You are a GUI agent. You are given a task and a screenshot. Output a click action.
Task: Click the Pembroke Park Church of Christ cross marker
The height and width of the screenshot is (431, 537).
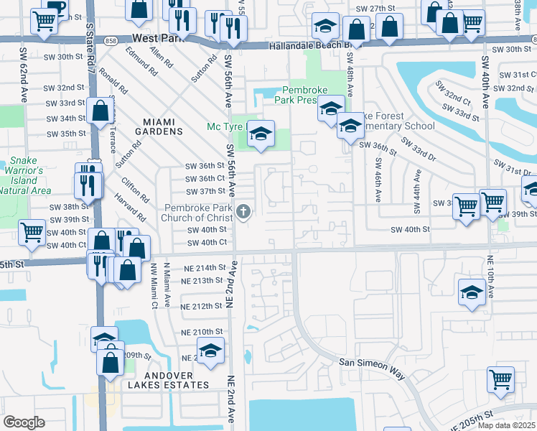(x=244, y=211)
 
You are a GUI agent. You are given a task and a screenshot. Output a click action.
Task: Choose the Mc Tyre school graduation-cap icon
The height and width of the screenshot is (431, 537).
(x=261, y=134)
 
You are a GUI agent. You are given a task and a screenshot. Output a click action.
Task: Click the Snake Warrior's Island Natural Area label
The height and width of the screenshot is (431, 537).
(x=27, y=175)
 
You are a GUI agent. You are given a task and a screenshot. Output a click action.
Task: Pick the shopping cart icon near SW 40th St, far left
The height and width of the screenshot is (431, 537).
(x=32, y=232)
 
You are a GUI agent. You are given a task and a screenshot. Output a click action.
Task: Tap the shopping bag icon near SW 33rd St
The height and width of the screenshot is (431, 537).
(x=100, y=111)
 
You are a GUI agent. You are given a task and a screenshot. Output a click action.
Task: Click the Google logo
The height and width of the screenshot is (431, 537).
(x=24, y=422)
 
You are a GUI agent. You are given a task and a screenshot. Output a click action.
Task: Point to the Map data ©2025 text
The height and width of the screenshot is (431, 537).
(x=506, y=425)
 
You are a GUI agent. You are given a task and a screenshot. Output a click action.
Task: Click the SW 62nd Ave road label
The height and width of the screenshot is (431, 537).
(x=23, y=79)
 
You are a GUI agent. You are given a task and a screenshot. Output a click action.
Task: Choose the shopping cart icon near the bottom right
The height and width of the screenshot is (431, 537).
(x=500, y=379)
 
